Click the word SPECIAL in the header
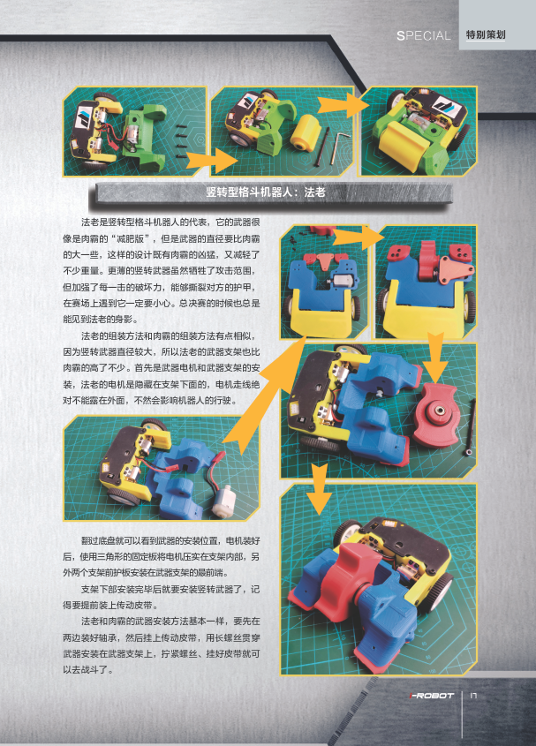point(423,35)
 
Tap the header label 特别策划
point(486,34)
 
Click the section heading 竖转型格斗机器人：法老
point(266,192)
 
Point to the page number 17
point(473,695)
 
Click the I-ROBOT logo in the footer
point(432,696)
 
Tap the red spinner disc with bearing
point(436,415)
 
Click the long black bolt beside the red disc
point(471,426)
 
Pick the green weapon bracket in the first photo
point(143,137)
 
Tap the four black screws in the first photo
point(181,141)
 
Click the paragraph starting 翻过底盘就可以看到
point(162,557)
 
